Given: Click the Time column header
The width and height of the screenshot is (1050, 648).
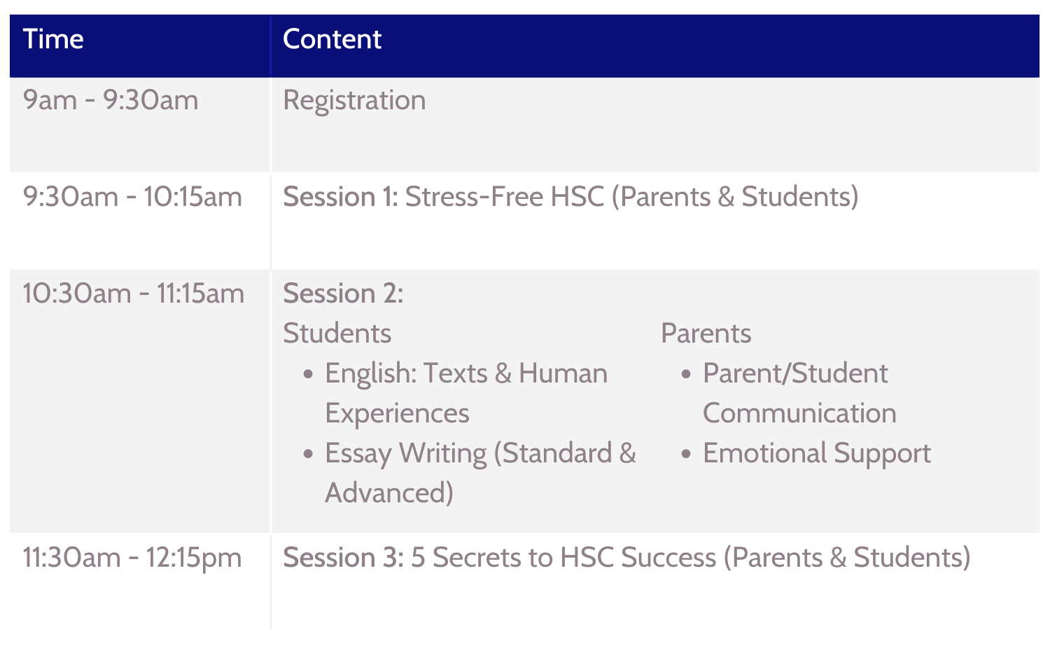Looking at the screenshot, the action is click(53, 39).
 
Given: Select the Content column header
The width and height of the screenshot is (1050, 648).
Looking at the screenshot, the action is click(332, 39).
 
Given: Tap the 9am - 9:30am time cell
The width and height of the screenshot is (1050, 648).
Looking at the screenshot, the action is click(111, 100).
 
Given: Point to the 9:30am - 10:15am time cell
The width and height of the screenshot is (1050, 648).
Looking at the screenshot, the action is click(133, 197).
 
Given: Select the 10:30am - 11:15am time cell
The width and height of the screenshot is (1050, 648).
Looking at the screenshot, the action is click(134, 294).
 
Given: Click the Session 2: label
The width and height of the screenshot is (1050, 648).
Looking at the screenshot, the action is click(343, 294).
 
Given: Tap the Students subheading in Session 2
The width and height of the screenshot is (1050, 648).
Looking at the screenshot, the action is click(337, 333).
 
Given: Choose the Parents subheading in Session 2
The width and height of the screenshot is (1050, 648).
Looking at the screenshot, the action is click(706, 333).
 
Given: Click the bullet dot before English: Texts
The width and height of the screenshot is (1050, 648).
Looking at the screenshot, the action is click(308, 374).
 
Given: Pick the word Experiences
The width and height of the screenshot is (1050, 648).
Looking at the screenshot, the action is click(397, 414).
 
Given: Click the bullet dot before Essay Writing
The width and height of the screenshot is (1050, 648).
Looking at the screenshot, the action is click(308, 454).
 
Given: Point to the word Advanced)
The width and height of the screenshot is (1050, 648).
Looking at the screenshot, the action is click(389, 493).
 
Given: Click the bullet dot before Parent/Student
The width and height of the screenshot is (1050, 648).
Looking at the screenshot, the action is click(686, 374).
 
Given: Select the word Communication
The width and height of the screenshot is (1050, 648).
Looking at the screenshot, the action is click(799, 413).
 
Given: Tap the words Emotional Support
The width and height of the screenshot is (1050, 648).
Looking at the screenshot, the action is click(817, 454).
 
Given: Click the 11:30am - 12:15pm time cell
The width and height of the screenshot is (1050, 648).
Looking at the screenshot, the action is click(133, 558).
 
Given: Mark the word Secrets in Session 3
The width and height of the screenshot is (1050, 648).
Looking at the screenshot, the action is click(476, 558).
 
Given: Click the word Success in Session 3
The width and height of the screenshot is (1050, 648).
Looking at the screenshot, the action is click(668, 558).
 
